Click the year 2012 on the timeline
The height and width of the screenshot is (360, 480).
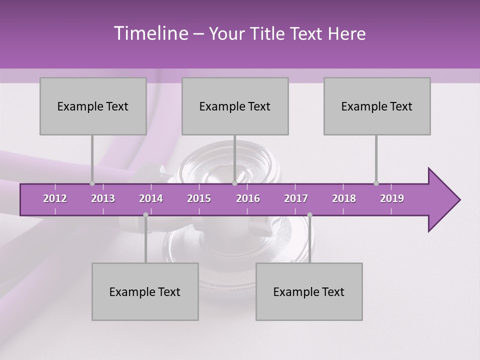point(55,198)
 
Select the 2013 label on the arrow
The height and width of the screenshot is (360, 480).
point(103,198)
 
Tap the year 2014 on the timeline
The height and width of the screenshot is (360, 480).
point(151,198)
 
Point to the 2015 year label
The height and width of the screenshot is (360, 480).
point(199,198)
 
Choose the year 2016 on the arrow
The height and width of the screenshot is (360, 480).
point(248,198)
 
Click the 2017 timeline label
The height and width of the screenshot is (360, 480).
point(296,198)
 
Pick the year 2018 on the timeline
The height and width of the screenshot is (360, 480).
point(344,198)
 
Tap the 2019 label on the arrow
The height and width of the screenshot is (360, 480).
point(392,198)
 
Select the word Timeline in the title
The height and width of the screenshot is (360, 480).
point(150,33)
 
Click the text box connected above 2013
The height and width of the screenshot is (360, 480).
point(93,106)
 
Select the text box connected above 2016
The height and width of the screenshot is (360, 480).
point(235,106)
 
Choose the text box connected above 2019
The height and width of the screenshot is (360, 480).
point(377,106)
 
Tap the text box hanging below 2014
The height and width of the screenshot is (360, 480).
point(145,291)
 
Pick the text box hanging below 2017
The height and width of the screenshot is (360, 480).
point(309,291)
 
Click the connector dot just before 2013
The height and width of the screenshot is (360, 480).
point(92,183)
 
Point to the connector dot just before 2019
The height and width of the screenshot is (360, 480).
point(376,183)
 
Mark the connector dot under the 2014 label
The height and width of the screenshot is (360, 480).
point(145,214)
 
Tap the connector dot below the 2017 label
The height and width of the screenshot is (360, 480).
point(309,214)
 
